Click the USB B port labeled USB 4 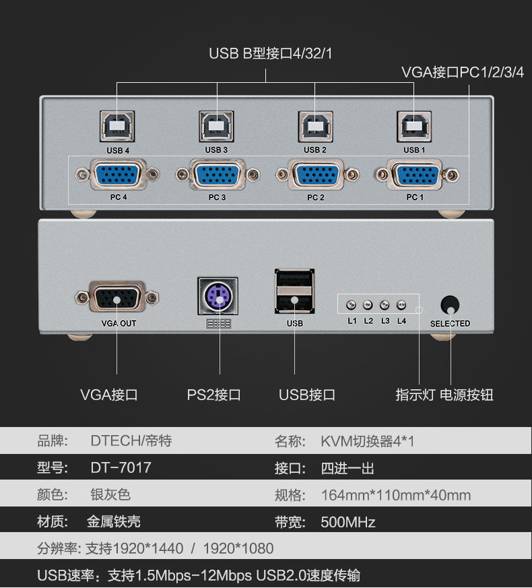(117, 127)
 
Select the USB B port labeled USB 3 (216, 127)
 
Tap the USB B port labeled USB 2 (315, 127)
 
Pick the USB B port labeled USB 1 (414, 127)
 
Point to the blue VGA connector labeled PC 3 (217, 175)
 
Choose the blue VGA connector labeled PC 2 (316, 175)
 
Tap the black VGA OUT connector (117, 297)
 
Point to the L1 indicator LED (351, 304)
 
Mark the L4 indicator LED (401, 304)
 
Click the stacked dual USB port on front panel (294, 292)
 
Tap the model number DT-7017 (121, 467)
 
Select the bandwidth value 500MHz (348, 521)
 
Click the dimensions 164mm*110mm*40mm (396, 495)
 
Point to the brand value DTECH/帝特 (131, 441)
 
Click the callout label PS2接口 (213, 395)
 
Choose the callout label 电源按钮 (467, 395)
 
